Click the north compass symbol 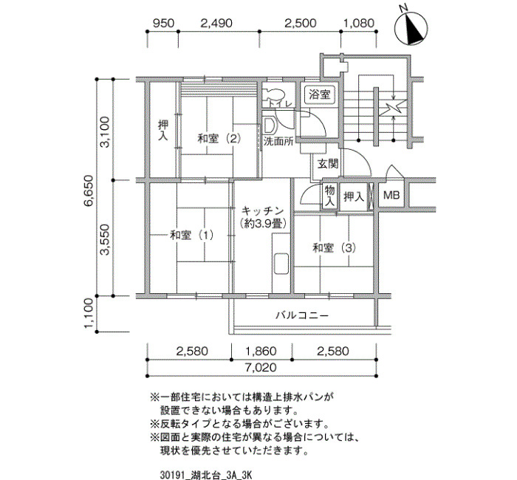411,27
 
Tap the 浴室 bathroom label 320,95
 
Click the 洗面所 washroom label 278,142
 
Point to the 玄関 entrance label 328,163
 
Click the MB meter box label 391,195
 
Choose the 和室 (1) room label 191,235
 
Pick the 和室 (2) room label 219,138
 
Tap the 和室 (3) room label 335,247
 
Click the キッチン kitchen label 262,210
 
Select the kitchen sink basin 281,264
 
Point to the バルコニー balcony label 302,315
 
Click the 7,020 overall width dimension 261,367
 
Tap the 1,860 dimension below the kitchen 261,351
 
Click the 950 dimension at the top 163,23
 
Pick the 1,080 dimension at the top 359,23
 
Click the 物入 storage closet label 330,196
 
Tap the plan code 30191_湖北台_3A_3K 206,475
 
